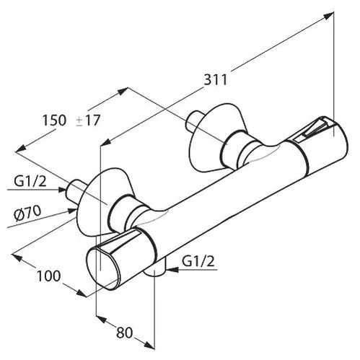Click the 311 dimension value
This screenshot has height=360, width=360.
coord(215,79)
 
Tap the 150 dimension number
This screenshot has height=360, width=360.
coord(54,120)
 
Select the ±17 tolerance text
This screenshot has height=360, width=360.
coord(88,120)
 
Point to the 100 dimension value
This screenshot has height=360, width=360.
coord(48,276)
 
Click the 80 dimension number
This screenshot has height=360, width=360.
coord(125,333)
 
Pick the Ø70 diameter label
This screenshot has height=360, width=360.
coord(27,214)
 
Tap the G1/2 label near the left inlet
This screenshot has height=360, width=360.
coord(30,182)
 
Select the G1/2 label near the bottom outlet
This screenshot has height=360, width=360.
coord(198,261)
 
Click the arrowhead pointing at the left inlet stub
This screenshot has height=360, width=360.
coord(62,190)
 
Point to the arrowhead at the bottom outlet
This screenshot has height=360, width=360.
coord(172,270)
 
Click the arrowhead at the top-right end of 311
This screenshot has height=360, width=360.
coord(328,16)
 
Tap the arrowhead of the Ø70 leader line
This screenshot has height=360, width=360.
coord(72,211)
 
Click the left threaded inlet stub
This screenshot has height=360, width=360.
coord(76,190)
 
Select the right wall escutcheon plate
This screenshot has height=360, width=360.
coord(214,138)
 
